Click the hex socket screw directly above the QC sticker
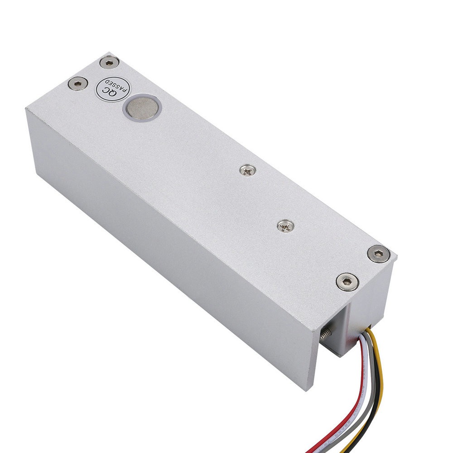point(109,63)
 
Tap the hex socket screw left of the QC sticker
point(78,84)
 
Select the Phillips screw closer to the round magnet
point(248,170)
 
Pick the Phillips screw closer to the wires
point(286,226)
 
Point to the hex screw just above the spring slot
point(347,282)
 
